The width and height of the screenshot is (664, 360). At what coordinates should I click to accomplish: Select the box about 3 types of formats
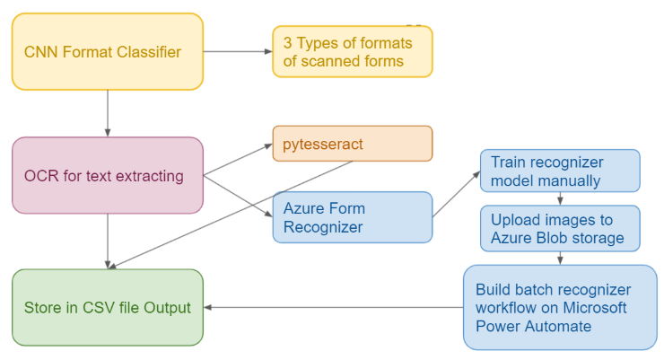pos(353,52)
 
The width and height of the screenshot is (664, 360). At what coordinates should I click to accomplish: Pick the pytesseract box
pos(353,144)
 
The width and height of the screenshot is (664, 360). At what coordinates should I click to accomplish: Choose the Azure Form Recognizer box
pos(353,217)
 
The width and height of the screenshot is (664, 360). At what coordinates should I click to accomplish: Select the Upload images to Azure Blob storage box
pos(560,228)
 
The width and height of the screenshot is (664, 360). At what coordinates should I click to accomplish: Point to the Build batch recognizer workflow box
pos(560,307)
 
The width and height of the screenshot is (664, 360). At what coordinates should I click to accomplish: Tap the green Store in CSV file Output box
pos(108,307)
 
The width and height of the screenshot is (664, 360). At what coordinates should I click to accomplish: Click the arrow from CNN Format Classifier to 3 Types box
pos(238,51)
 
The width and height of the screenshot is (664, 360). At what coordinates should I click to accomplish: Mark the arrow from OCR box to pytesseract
pos(238,160)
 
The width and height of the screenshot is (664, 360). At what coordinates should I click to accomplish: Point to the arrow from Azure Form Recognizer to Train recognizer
pos(457,193)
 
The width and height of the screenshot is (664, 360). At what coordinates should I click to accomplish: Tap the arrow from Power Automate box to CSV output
pos(332,307)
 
